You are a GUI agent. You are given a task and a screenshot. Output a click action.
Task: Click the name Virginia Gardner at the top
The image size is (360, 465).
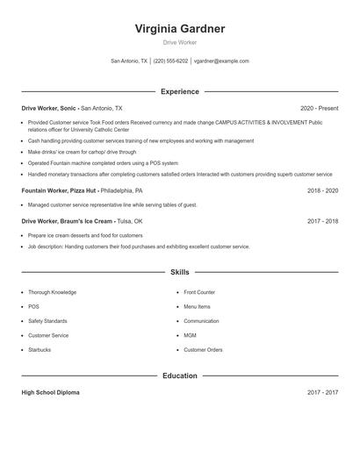(180, 29)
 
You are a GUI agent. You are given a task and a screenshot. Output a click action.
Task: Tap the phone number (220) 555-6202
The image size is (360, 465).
(171, 61)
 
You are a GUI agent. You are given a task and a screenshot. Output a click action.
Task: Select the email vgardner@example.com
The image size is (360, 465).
(221, 61)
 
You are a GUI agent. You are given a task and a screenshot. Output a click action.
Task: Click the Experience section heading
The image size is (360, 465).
(180, 91)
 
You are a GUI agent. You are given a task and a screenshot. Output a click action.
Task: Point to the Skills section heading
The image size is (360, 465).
(180, 273)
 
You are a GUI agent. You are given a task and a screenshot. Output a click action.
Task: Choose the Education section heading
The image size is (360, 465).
(180, 376)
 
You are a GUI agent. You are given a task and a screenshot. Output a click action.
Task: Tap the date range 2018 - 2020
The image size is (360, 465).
(323, 190)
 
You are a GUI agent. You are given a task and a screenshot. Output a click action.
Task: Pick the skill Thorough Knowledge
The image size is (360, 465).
(52, 292)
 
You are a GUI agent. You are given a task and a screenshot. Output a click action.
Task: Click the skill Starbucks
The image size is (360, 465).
(40, 350)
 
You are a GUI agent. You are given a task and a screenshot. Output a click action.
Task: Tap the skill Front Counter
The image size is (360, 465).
(199, 292)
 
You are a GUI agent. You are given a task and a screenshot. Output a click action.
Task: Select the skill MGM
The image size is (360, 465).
(190, 335)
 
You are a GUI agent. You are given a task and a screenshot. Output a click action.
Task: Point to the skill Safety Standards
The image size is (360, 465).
(47, 321)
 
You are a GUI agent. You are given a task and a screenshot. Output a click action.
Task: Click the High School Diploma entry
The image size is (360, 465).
(51, 392)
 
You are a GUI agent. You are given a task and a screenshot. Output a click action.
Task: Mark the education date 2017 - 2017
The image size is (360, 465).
(323, 392)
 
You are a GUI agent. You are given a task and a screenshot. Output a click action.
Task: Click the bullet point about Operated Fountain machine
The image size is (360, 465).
(103, 163)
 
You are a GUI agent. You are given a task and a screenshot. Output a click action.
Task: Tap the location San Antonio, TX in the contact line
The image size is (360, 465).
(129, 61)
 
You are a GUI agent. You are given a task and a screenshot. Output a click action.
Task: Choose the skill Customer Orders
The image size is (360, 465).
(203, 350)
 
